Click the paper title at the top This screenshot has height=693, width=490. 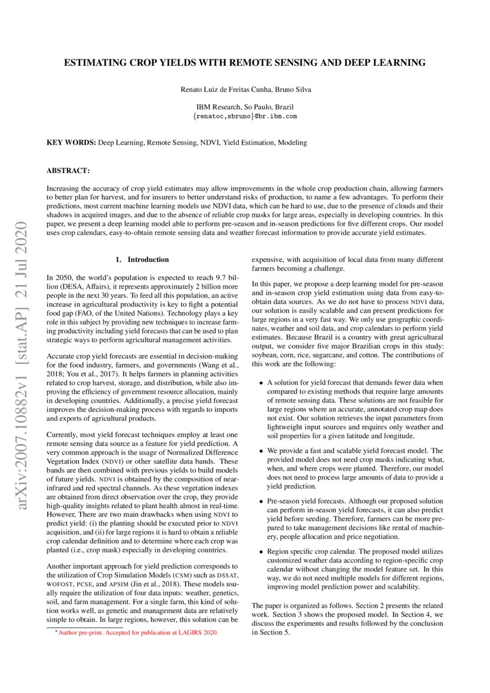click(245, 62)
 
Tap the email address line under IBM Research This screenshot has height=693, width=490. click(245, 116)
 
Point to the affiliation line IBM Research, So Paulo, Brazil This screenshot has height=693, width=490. click(245, 107)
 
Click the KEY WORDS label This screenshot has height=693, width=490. click(71, 143)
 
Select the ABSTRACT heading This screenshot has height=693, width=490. click(68, 171)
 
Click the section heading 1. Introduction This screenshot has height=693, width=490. click(142, 260)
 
